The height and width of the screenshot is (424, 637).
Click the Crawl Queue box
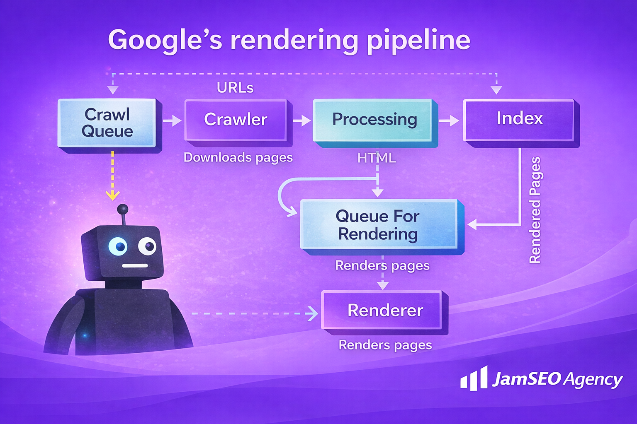click(x=107, y=123)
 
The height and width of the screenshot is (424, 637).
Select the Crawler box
click(x=236, y=120)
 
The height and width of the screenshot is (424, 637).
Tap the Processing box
click(x=374, y=120)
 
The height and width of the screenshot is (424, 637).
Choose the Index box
click(x=519, y=119)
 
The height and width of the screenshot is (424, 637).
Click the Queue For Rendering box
click(x=378, y=225)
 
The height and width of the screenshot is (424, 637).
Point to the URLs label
click(x=235, y=88)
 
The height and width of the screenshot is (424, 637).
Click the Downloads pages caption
click(x=238, y=158)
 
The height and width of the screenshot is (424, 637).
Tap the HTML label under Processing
click(x=377, y=158)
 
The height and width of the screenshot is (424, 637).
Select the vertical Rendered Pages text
click(x=535, y=210)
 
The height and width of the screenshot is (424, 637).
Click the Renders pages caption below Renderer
click(x=385, y=345)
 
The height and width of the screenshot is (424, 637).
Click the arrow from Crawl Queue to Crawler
click(x=172, y=120)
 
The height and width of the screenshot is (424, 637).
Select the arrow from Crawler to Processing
click(x=301, y=120)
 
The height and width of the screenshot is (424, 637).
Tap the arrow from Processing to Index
click(x=449, y=120)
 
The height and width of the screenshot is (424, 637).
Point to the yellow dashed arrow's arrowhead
click(x=112, y=195)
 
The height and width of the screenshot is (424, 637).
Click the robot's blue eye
click(x=118, y=247)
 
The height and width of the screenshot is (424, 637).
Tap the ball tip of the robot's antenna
click(x=122, y=209)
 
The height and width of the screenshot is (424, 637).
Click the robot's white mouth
click(x=135, y=266)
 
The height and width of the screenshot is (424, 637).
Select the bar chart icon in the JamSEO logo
click(x=474, y=378)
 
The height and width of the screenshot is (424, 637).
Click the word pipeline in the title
click(x=418, y=41)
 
